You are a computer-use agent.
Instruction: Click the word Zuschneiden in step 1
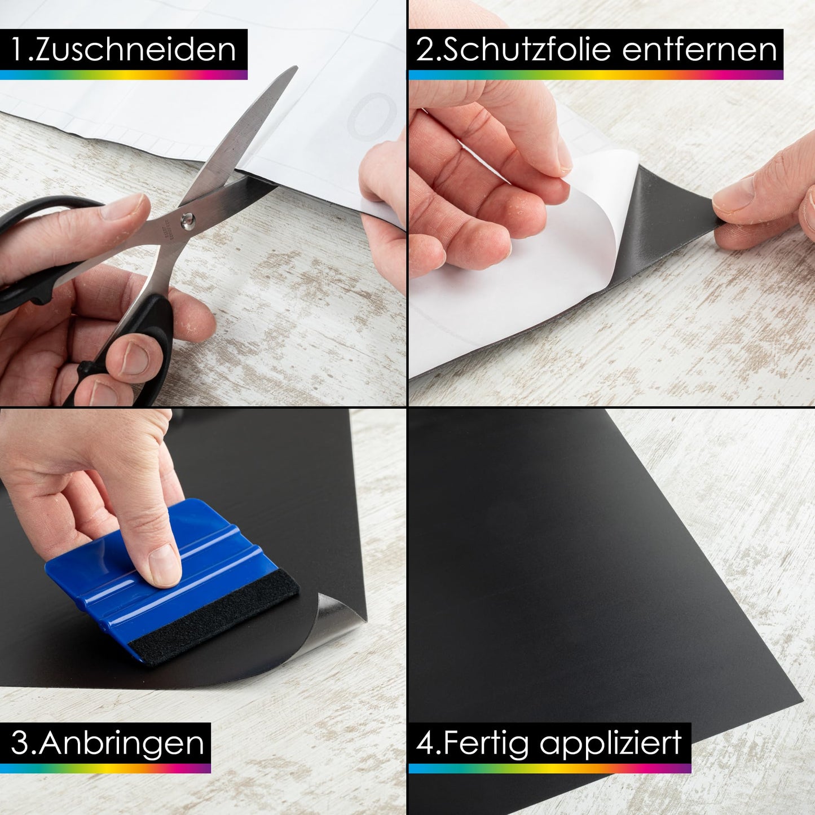(x=135, y=50)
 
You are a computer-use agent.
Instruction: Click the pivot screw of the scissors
(x=187, y=219)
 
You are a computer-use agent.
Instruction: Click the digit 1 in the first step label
(x=17, y=50)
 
